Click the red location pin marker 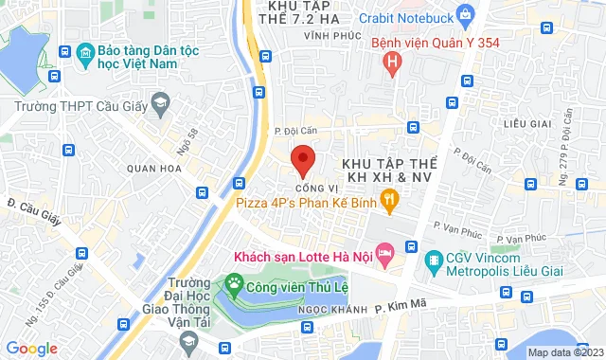click(x=302, y=159)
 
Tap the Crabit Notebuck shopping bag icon click(x=464, y=14)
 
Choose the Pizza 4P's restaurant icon click(x=388, y=198)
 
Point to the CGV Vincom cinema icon click(x=434, y=259)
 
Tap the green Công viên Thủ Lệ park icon click(x=232, y=283)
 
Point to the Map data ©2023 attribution click(x=563, y=352)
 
